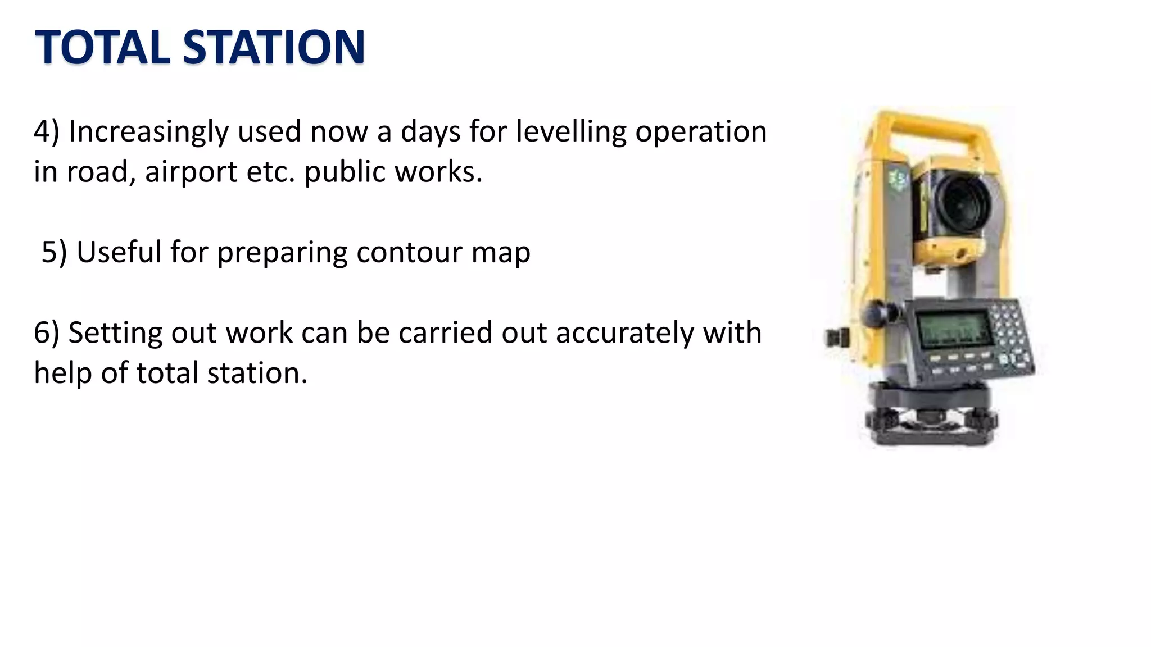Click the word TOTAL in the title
click(x=102, y=47)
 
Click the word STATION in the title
click(x=274, y=47)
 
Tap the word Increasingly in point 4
click(x=148, y=133)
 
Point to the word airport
click(x=191, y=172)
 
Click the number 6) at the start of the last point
click(x=46, y=333)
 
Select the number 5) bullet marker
click(x=54, y=252)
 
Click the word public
click(x=345, y=172)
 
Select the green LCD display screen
click(x=952, y=329)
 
